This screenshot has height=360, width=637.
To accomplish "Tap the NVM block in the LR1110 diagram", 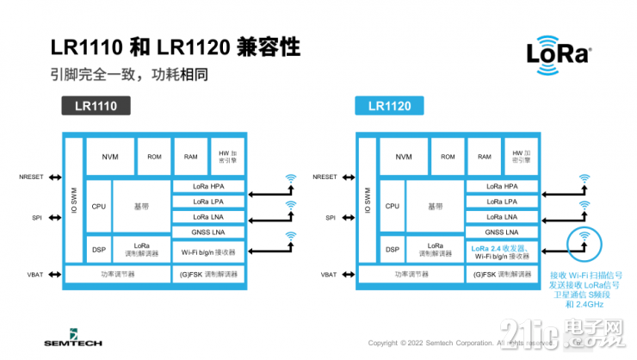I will coord(110,157).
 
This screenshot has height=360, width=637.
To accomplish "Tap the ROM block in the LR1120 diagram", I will coord(448,157).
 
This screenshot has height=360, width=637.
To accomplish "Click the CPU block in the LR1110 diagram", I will coord(98,206).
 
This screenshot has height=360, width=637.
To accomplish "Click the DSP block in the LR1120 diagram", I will coord(393,250).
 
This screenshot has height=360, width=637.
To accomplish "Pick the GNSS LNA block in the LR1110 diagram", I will coord(208,233).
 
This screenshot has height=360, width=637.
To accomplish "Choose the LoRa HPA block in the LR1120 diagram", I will coord(503,187).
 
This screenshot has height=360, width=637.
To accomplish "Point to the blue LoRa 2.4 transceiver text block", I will coord(503,251).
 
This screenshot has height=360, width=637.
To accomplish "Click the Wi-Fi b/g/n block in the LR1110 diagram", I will coord(208,251).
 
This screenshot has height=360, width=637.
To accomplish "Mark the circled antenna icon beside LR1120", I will coord(584,240).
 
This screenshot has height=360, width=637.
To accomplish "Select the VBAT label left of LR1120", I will coord(329,275).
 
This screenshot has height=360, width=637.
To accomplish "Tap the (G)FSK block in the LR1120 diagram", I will coord(503,275).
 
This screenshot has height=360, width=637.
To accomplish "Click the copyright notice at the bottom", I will coord(448,342).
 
